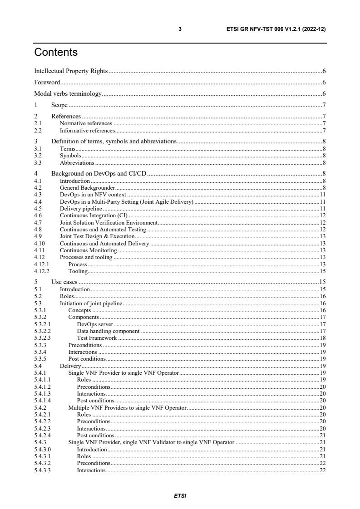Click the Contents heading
click(x=56, y=52)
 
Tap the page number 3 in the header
click(x=180, y=29)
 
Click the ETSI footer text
click(x=180, y=495)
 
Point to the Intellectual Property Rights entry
click(x=71, y=71)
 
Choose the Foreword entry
click(x=47, y=83)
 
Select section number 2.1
click(x=38, y=123)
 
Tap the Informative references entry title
click(x=87, y=131)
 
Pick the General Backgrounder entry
click(x=88, y=188)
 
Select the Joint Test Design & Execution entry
click(x=97, y=236)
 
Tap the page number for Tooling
click(x=323, y=271)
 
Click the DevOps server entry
click(x=95, y=324)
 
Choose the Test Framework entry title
click(x=97, y=338)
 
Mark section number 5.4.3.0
click(x=42, y=449)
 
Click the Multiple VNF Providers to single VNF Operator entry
click(x=128, y=408)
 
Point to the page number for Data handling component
click(x=323, y=331)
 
